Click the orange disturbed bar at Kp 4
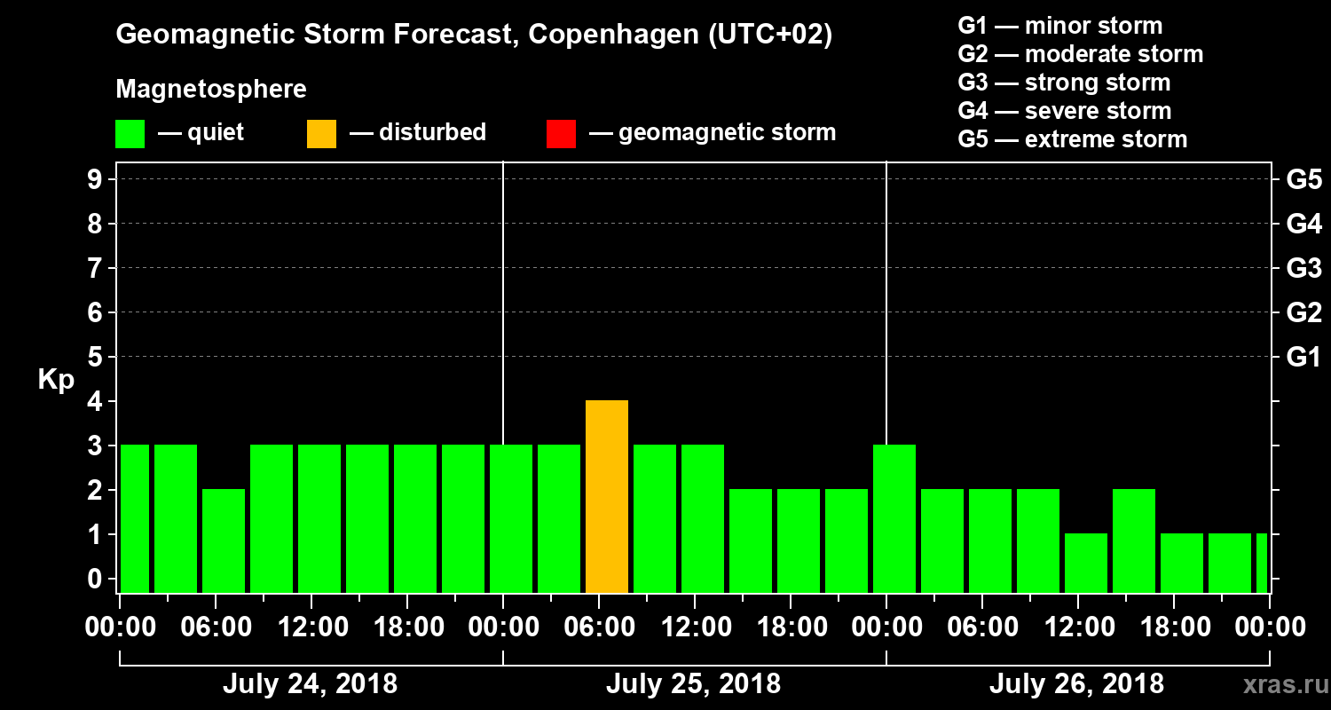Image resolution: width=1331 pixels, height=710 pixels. pyautogui.click(x=607, y=496)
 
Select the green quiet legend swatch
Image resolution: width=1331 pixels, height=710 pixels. pyautogui.click(x=130, y=133)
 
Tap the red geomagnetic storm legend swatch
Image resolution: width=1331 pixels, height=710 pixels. pyautogui.click(x=561, y=133)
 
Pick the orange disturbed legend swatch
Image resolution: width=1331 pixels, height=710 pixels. pyautogui.click(x=321, y=133)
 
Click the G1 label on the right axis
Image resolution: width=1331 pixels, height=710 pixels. pyautogui.click(x=1303, y=358)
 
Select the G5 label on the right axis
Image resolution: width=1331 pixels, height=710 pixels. pyautogui.click(x=1303, y=180)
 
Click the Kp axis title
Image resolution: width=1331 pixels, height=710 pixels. pyautogui.click(x=56, y=380)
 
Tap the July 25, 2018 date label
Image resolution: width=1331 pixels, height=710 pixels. pyautogui.click(x=693, y=684)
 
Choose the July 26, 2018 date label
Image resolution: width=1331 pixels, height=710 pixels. pyautogui.click(x=1076, y=684)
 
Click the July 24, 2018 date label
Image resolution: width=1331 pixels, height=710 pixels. pyautogui.click(x=310, y=684)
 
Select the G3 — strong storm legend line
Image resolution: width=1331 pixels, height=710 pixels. pyautogui.click(x=1064, y=83)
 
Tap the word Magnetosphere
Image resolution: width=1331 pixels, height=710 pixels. pyautogui.click(x=211, y=90)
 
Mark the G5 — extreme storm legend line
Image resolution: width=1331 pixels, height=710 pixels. pyautogui.click(x=1072, y=139)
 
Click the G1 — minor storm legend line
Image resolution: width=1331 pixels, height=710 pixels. pyautogui.click(x=1059, y=26)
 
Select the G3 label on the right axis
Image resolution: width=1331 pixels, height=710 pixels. pyautogui.click(x=1303, y=269)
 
